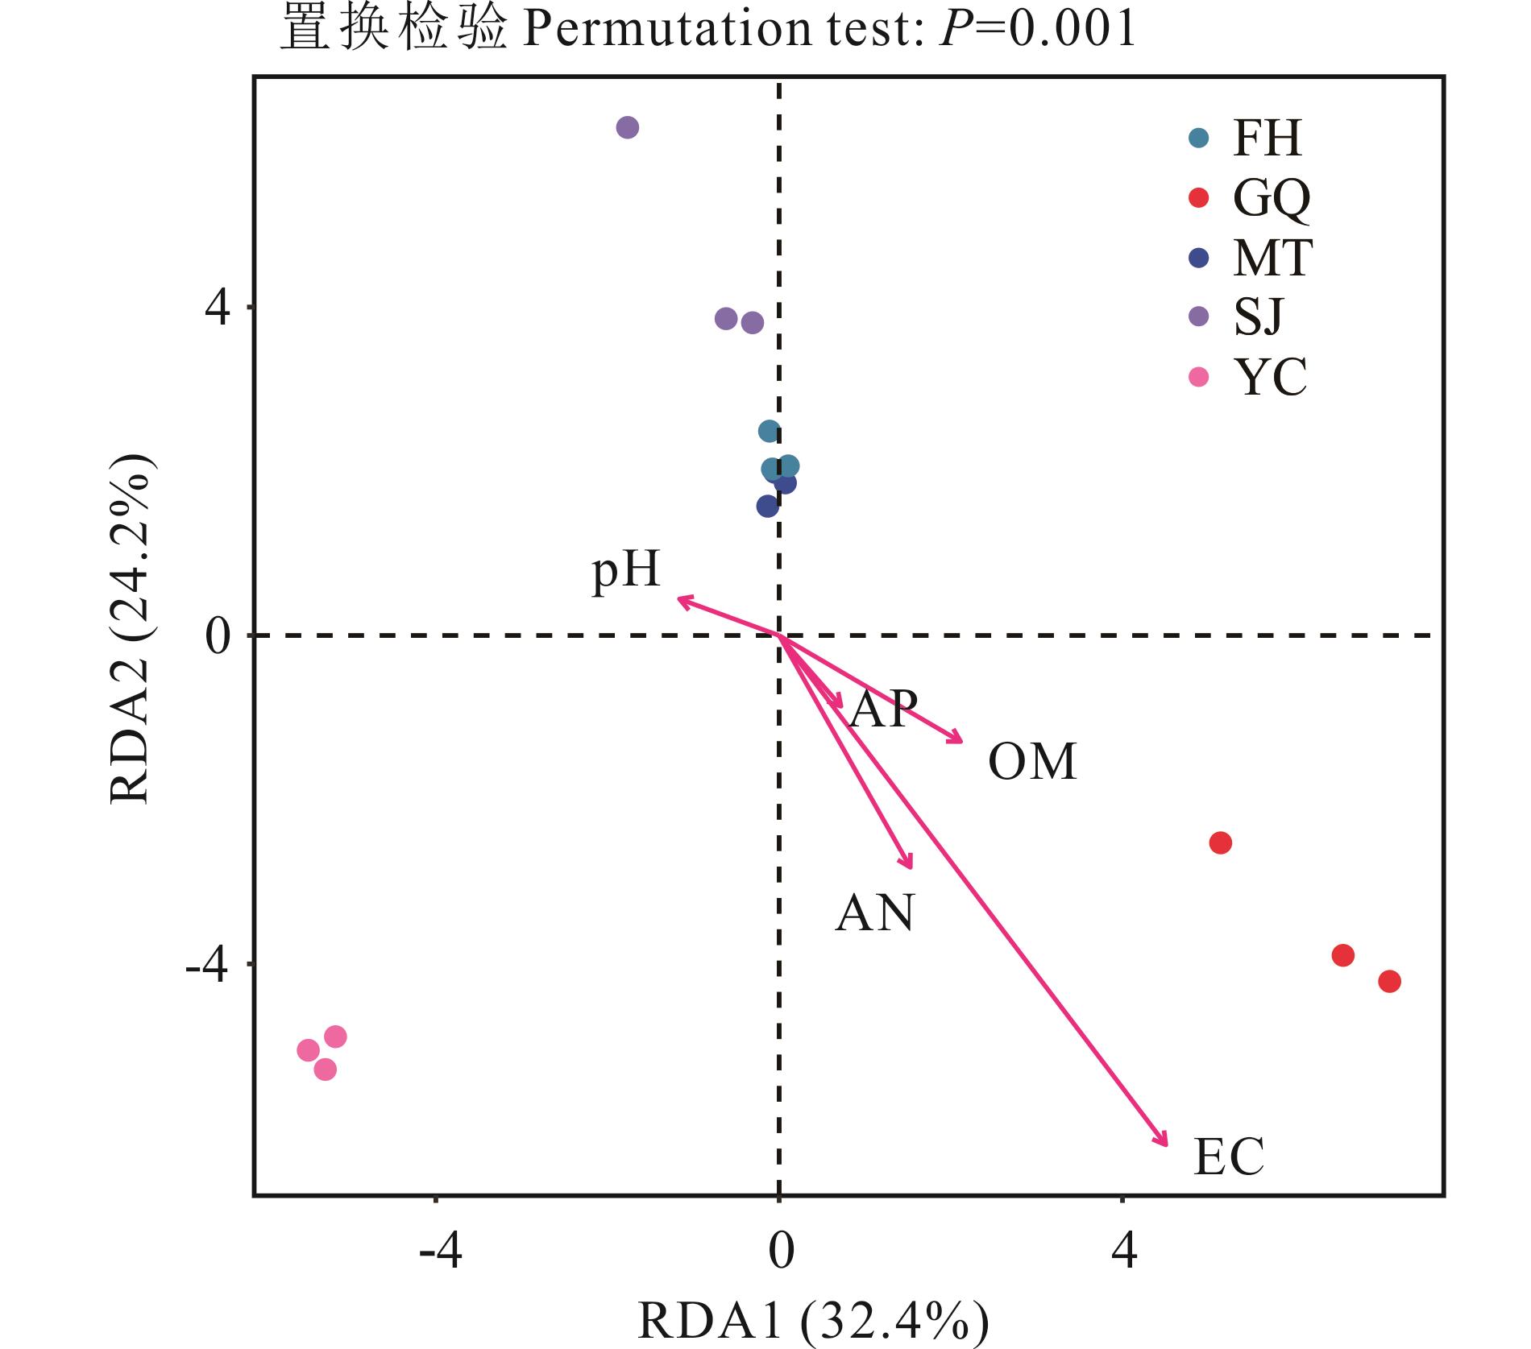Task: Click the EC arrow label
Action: click(x=1228, y=1157)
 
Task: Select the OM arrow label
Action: click(x=1032, y=762)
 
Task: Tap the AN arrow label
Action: click(x=875, y=913)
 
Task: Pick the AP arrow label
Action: click(x=884, y=710)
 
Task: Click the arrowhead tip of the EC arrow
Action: click(x=1167, y=1144)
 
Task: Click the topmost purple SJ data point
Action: click(x=628, y=127)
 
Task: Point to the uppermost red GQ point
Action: click(x=1221, y=843)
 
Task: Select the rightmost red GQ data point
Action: click(x=1389, y=982)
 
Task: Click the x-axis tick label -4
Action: click(x=441, y=1252)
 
